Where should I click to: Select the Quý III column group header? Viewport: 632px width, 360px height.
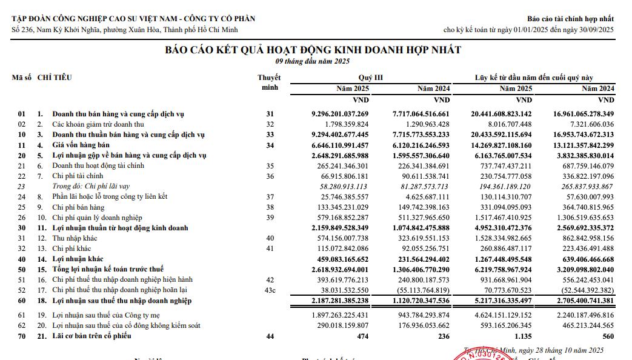tap(370, 78)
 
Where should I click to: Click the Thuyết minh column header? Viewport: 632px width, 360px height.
tap(269, 82)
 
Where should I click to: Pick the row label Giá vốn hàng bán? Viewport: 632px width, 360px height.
tap(81, 145)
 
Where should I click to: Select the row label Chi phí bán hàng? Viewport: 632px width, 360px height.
tap(78, 207)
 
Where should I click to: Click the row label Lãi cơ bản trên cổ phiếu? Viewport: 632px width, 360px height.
tap(91, 336)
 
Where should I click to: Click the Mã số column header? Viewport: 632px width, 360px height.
tap(21, 78)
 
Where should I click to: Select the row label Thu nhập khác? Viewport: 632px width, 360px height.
tap(75, 238)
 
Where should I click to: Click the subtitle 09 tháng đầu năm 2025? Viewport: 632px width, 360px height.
tap(313, 61)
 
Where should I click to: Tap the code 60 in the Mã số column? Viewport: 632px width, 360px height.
tap(22, 301)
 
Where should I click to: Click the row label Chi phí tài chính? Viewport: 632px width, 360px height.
tap(78, 176)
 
